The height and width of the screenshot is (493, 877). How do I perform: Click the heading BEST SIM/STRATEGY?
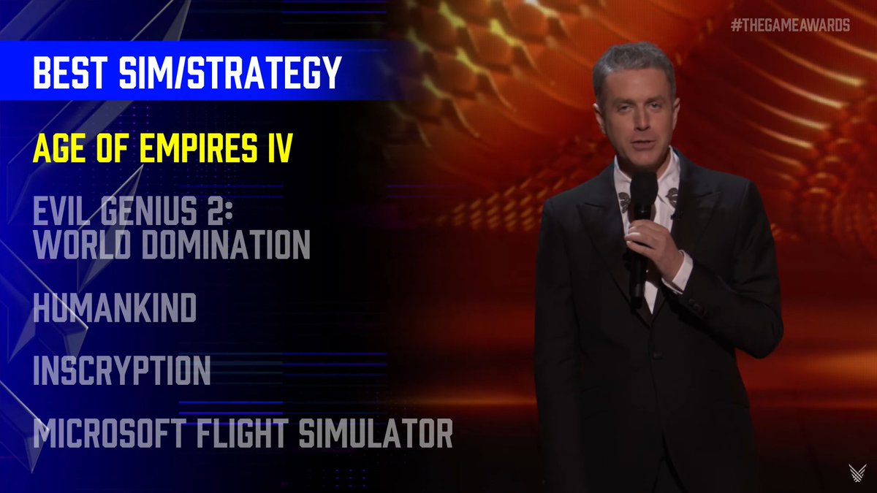pos(187,73)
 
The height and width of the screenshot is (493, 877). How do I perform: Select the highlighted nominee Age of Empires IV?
pos(163,148)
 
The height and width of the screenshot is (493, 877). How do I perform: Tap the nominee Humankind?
pos(115,309)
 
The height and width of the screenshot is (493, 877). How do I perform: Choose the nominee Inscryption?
pos(122,371)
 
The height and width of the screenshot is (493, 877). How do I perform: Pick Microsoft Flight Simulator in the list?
pos(243,434)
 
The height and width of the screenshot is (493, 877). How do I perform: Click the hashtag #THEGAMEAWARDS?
pos(790,26)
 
